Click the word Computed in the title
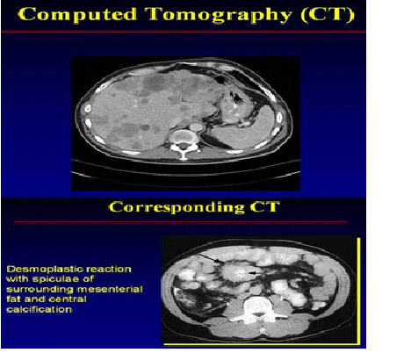pyautogui.click(x=79, y=14)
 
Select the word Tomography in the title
pyautogui.click(x=219, y=15)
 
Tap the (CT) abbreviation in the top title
pyautogui.click(x=328, y=15)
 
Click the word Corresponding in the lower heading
pyautogui.click(x=177, y=208)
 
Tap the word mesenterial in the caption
pyautogui.click(x=110, y=290)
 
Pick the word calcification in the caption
pyautogui.click(x=39, y=310)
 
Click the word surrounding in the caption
pyautogui.click(x=40, y=291)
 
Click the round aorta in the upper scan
pyautogui.click(x=197, y=127)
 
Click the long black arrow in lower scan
pyautogui.click(x=210, y=257)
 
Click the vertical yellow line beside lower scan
pyautogui.click(x=358, y=291)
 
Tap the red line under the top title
pyautogui.click(x=184, y=32)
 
